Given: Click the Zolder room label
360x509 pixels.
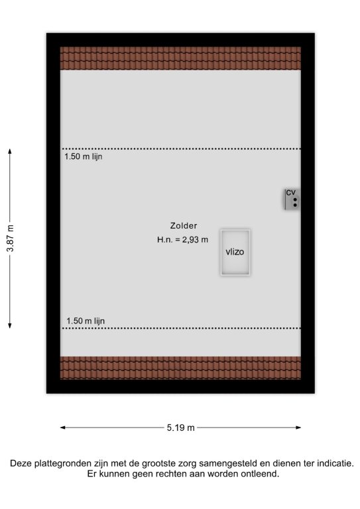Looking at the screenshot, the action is (x=184, y=225).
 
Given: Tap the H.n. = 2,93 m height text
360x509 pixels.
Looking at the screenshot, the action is (x=182, y=240).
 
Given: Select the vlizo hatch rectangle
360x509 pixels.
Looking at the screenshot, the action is (x=235, y=253).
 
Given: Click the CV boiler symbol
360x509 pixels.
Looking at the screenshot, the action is (x=292, y=199).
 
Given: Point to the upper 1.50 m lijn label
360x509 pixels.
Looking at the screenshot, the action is (x=84, y=156).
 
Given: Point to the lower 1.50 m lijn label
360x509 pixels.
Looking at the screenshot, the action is (x=86, y=321).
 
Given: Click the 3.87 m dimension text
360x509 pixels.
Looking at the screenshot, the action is (x=11, y=239).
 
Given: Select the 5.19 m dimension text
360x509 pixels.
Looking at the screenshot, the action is (x=181, y=427).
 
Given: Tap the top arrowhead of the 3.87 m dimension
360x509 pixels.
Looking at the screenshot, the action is (x=10, y=150).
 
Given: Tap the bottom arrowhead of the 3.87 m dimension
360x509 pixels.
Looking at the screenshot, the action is (x=10, y=326).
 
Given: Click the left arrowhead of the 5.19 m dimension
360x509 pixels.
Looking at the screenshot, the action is (x=62, y=427).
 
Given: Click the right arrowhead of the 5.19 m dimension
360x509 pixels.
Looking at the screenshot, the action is (x=298, y=427).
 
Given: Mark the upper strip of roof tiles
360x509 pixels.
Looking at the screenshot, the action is (x=180, y=58).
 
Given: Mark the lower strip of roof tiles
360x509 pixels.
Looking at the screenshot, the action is (x=180, y=368).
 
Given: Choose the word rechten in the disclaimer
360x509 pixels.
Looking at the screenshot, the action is (x=168, y=474).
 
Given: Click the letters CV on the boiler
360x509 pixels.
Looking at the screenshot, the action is (x=290, y=193).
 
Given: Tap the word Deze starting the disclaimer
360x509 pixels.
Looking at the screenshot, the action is (x=21, y=463).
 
